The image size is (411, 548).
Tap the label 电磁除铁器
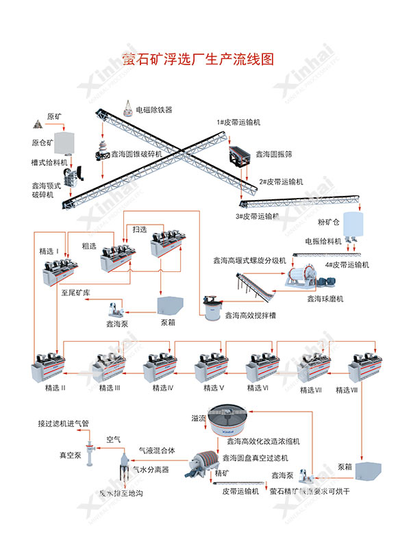click(x=154, y=110)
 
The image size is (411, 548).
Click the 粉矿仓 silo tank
click(x=354, y=225)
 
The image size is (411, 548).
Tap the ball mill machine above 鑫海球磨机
click(x=302, y=275)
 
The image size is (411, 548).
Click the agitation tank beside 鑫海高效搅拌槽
click(x=212, y=305)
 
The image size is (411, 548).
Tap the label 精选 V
click(x=214, y=388)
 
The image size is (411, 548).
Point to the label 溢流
click(x=199, y=418)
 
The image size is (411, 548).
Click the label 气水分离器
click(x=151, y=469)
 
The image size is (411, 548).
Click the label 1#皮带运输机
click(x=238, y=122)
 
